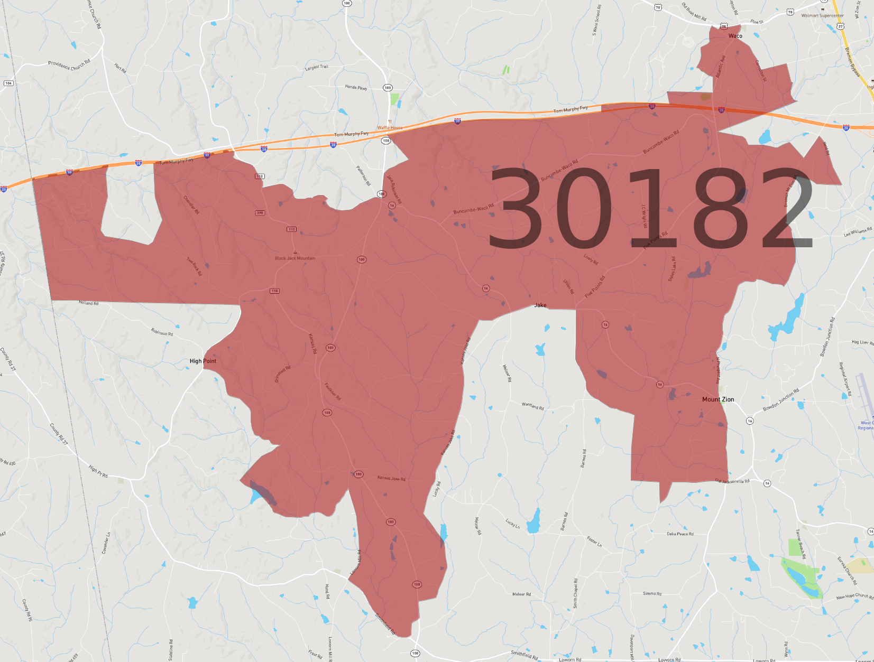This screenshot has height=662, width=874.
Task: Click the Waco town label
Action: pos(735,36)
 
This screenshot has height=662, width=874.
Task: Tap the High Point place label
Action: pos(203,361)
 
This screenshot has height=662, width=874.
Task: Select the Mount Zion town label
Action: pos(718,399)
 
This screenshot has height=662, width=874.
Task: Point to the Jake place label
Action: pos(540,305)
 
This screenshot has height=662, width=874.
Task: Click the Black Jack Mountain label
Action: pos(295,258)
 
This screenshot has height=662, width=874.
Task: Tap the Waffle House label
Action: pos(390,128)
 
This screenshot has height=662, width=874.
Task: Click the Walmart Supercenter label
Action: pos(822,16)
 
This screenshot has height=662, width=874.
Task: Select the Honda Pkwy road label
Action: pos(356,87)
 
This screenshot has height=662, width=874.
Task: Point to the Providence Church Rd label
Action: pos(69,65)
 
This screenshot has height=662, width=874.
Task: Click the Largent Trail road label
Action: pos(317,68)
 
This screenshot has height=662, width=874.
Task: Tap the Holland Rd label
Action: pos(89,303)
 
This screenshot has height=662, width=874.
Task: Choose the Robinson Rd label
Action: pos(162,333)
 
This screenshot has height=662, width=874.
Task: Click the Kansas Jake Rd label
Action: pos(391,479)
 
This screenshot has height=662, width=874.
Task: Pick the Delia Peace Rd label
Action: pos(680,534)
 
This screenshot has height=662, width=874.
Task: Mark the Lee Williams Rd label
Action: pos(858,232)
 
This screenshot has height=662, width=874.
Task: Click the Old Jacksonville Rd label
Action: pos(732,481)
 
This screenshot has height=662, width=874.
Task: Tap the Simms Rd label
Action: pos(652,594)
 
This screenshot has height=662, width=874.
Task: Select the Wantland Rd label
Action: pos(533,406)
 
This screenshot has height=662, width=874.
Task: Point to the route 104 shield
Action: pos(8,83)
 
